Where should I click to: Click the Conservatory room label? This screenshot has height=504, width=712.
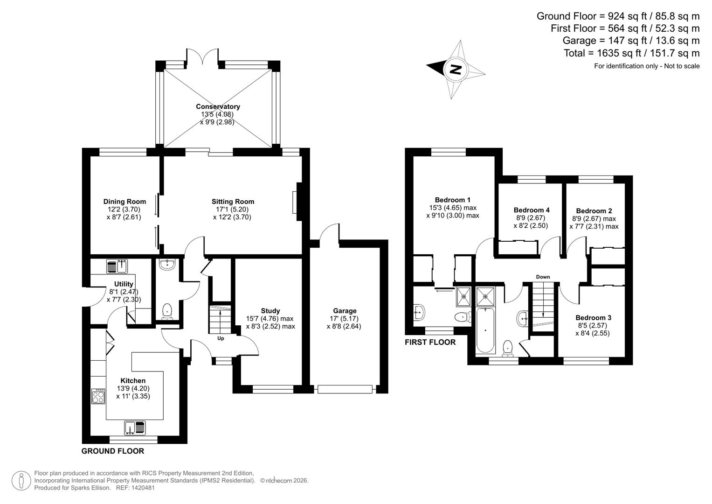(x=218, y=106)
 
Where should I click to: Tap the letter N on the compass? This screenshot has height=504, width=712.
(x=455, y=70)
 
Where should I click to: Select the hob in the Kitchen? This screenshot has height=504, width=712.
(x=98, y=396)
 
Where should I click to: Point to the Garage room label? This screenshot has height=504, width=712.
(x=345, y=311)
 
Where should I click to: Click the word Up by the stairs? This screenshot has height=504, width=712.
(x=221, y=338)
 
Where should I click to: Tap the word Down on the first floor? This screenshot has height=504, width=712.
(x=543, y=277)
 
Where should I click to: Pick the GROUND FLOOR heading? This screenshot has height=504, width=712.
(x=113, y=451)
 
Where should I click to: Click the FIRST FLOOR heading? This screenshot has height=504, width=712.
(x=430, y=342)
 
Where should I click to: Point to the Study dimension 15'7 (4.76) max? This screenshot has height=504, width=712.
(x=270, y=319)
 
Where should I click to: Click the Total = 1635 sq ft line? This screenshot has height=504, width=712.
(x=631, y=53)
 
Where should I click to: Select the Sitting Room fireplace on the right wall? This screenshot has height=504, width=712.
(x=295, y=203)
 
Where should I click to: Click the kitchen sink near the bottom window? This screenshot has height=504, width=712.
(x=135, y=427)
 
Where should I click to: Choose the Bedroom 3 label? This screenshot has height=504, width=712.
(x=593, y=318)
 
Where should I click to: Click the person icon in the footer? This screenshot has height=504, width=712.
(x=21, y=481)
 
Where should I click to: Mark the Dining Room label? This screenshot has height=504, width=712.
(x=124, y=202)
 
